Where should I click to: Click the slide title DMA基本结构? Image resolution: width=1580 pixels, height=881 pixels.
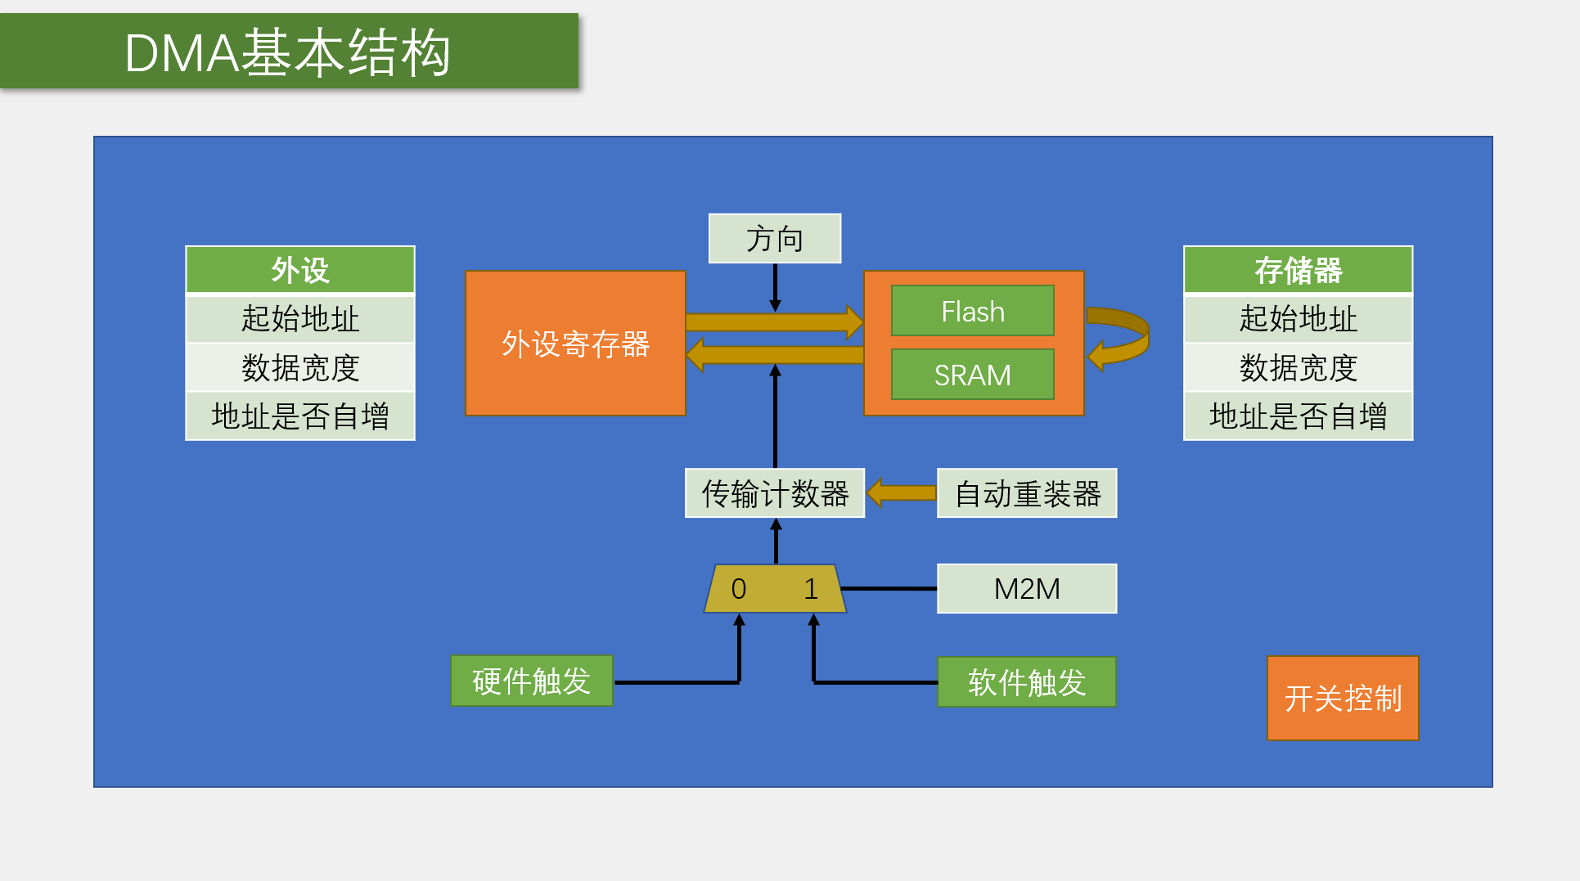(x=288, y=52)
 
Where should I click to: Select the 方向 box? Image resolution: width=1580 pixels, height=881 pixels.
(x=774, y=239)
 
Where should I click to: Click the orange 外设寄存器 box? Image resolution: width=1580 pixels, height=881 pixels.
(x=575, y=344)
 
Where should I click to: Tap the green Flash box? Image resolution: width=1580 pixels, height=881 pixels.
(x=972, y=311)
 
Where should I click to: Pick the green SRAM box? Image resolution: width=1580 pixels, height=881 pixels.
(x=972, y=375)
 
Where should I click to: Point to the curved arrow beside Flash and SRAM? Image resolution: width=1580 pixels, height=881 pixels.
(x=1121, y=338)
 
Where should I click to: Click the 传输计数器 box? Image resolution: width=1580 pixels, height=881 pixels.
(x=775, y=493)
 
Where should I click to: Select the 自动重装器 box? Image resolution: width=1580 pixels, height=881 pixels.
(x=1027, y=493)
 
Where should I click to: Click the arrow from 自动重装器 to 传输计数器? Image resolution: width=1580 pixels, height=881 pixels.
(x=901, y=492)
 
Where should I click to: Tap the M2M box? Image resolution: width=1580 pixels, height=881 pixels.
(x=1027, y=588)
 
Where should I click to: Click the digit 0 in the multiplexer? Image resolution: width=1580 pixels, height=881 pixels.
(x=739, y=589)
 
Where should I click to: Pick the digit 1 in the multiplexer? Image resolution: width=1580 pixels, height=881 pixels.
(x=811, y=589)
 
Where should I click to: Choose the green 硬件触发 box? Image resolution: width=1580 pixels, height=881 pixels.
(x=531, y=681)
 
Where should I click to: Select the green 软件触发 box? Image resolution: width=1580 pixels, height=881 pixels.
(x=1027, y=681)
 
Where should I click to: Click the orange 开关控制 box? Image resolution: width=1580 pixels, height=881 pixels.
(x=1343, y=698)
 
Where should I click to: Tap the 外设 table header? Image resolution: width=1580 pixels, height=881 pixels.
(x=300, y=270)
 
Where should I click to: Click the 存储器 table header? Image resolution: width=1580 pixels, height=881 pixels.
(x=1298, y=270)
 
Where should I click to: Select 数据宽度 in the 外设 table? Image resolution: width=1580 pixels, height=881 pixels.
(x=300, y=367)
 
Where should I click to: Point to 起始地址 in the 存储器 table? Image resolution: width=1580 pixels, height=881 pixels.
(x=1298, y=318)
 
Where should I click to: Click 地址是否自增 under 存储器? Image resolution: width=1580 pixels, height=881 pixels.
(x=1298, y=416)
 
